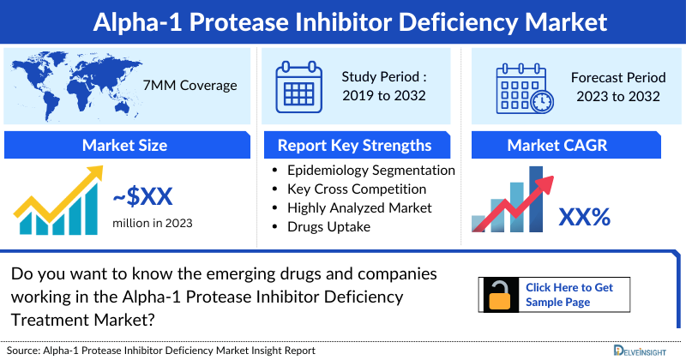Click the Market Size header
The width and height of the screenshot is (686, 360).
click(124, 145)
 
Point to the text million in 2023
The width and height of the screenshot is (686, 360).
click(153, 223)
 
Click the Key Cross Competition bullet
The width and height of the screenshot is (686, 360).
click(357, 189)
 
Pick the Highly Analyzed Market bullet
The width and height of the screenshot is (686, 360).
click(359, 207)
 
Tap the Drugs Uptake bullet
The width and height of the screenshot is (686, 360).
click(331, 226)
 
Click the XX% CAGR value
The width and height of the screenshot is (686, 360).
click(584, 217)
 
